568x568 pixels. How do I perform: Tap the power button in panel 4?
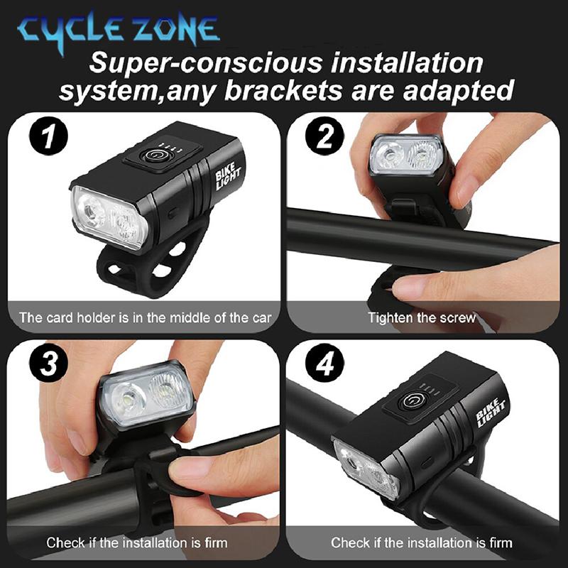coord(410,401)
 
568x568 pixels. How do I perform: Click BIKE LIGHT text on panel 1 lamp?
coord(229,174)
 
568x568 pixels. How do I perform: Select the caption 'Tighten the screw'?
coord(422,317)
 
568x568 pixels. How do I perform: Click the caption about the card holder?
coord(145,317)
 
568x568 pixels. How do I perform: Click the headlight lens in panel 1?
coord(107,215)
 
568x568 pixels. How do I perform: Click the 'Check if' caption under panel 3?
coord(137,543)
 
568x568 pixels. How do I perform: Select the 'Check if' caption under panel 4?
coord(421,543)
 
